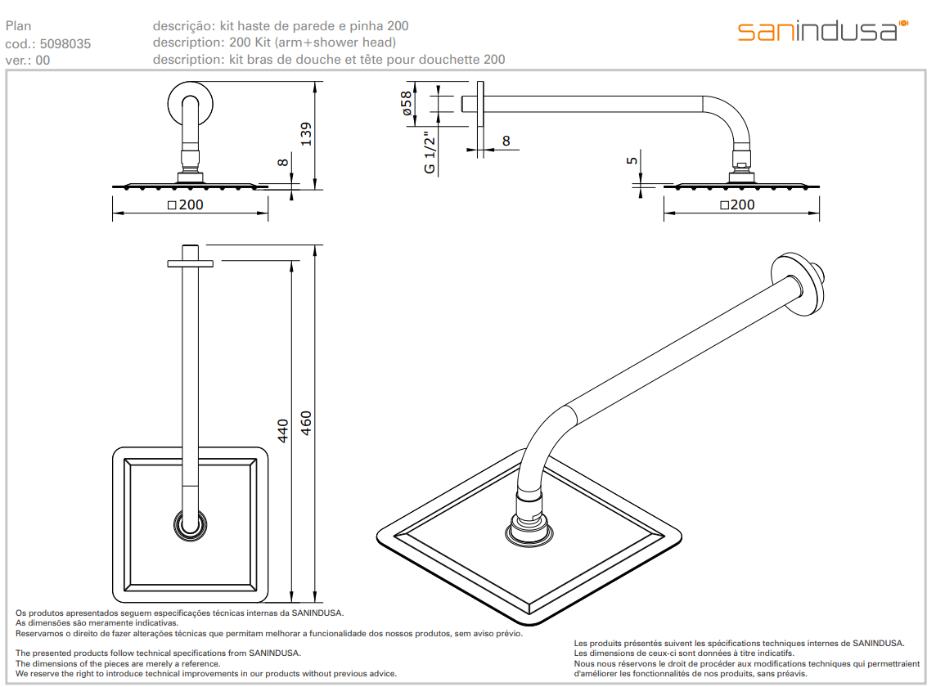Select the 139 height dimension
[x=306, y=133]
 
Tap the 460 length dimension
[x=306, y=423]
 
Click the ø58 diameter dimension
[x=407, y=104]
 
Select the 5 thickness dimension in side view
[x=631, y=160]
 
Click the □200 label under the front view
[x=185, y=204]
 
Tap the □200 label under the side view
[x=737, y=204]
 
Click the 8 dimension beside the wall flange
[x=506, y=141]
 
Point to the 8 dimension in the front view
[x=283, y=163]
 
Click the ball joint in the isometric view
[x=530, y=508]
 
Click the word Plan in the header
[x=19, y=26]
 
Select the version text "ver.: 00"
[x=28, y=61]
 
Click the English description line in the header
[x=274, y=43]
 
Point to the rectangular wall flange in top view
[x=191, y=263]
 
